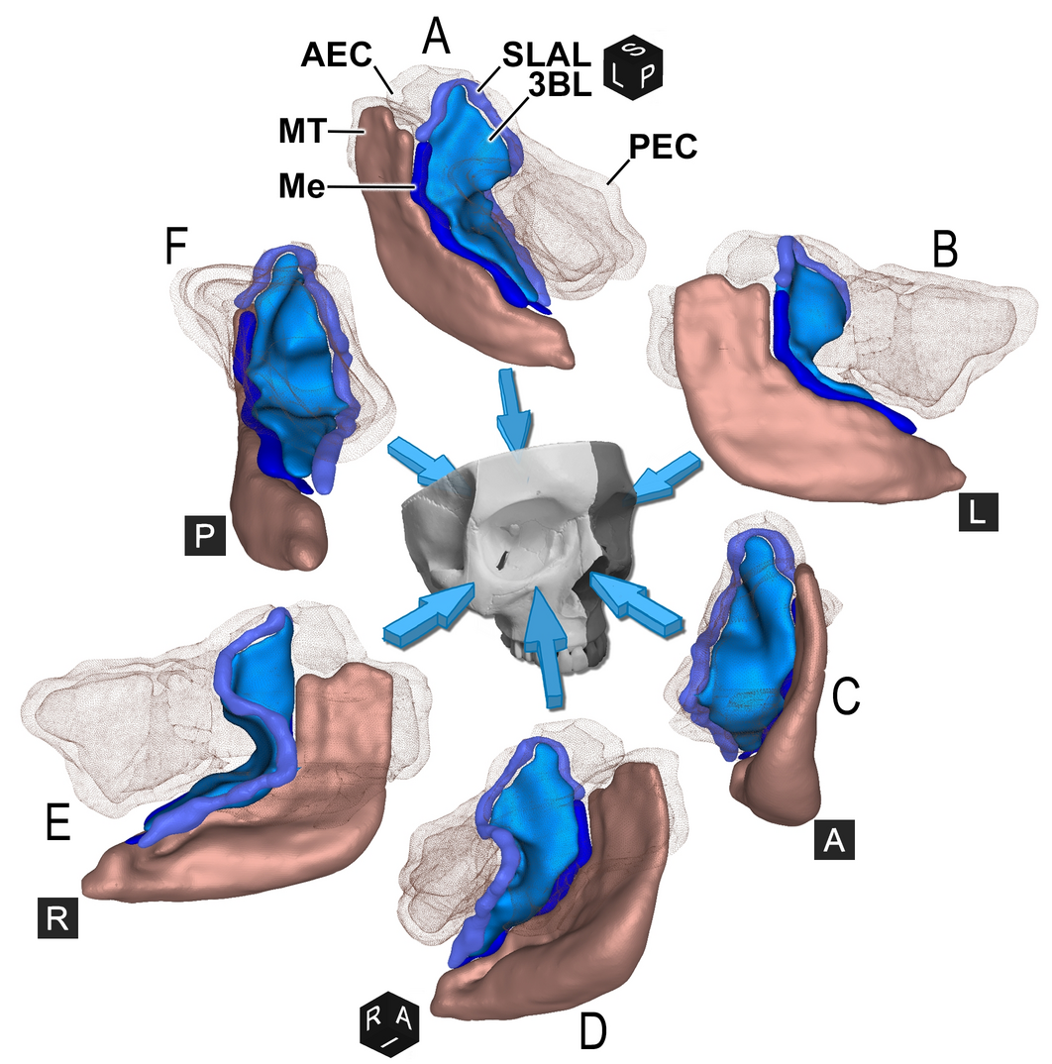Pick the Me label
coord(301,185)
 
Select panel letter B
coord(944,252)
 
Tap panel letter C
coord(845,697)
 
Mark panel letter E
coord(58,824)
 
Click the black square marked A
coord(834,841)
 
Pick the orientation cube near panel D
coord(392,1019)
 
